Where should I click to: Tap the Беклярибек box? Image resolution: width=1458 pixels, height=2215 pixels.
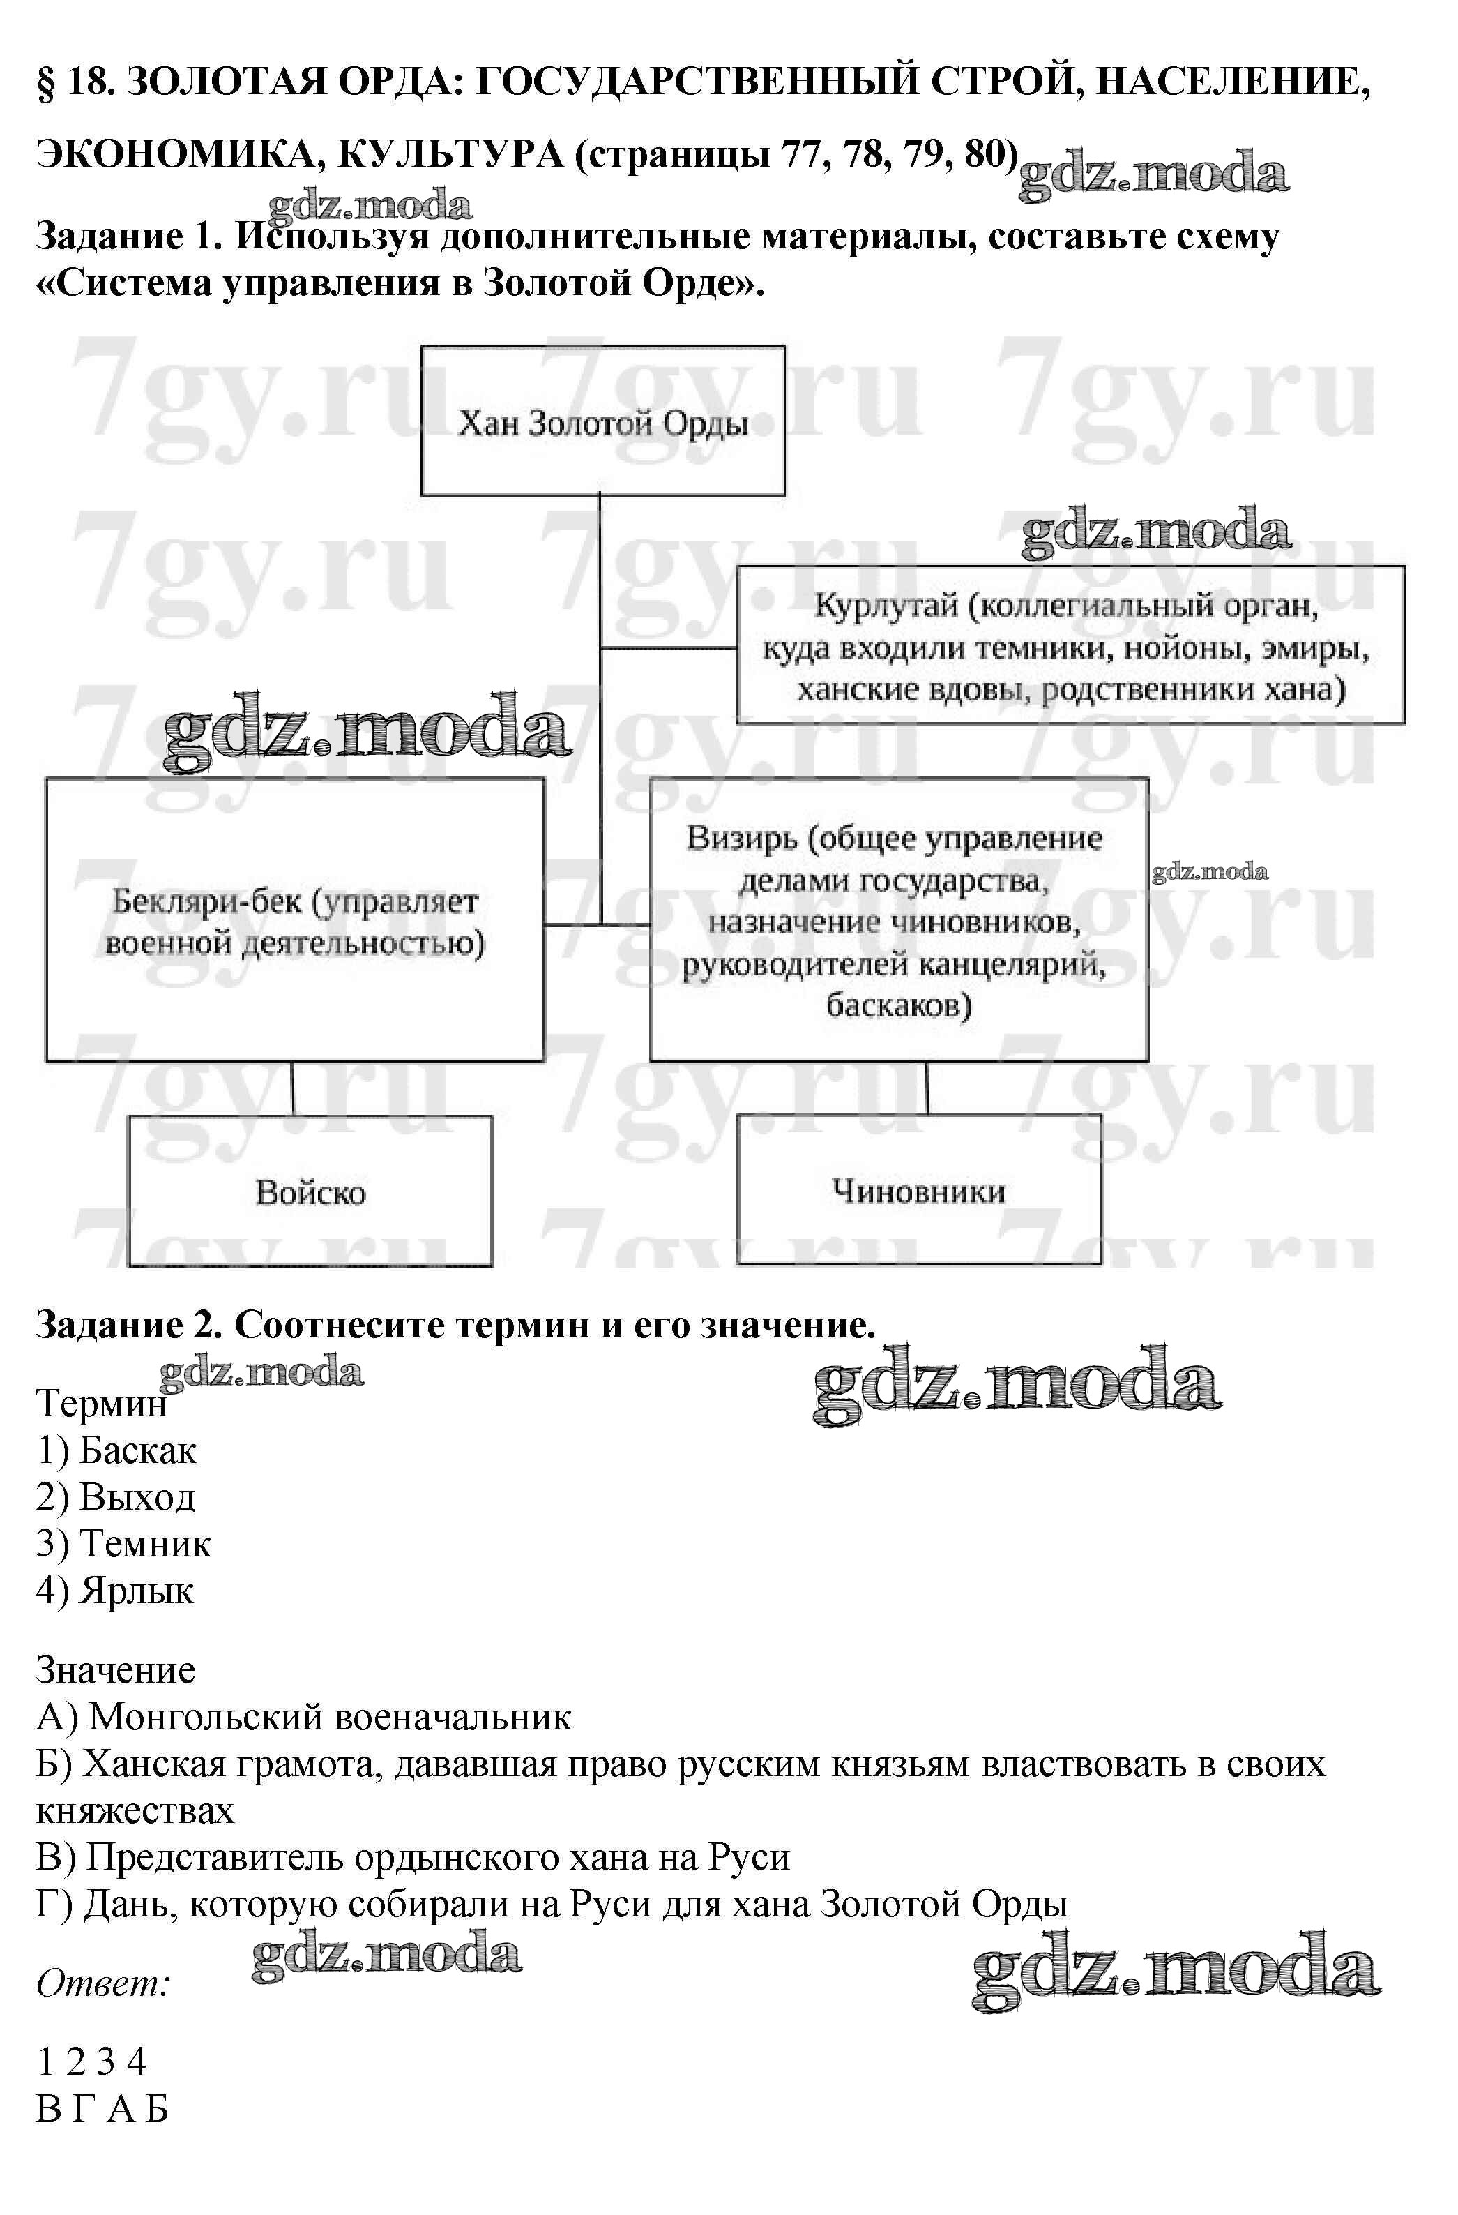pos(294,919)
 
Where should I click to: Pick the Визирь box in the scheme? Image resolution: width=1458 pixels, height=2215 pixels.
pos(898,919)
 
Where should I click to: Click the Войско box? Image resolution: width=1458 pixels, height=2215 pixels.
pos(310,1192)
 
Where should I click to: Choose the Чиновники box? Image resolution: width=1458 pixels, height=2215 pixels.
pos(918,1189)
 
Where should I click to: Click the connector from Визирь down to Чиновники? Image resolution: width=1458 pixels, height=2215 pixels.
pos(927,1087)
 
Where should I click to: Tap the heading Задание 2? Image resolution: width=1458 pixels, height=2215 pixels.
pos(128,1324)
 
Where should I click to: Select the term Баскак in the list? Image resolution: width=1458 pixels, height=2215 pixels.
pos(137,1450)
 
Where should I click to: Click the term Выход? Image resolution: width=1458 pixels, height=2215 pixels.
pos(137,1496)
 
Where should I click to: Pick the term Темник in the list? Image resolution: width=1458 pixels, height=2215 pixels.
pos(144,1543)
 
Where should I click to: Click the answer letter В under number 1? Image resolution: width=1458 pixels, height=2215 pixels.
pos(47,2108)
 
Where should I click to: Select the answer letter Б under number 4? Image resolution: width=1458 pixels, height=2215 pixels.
pos(156,2108)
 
